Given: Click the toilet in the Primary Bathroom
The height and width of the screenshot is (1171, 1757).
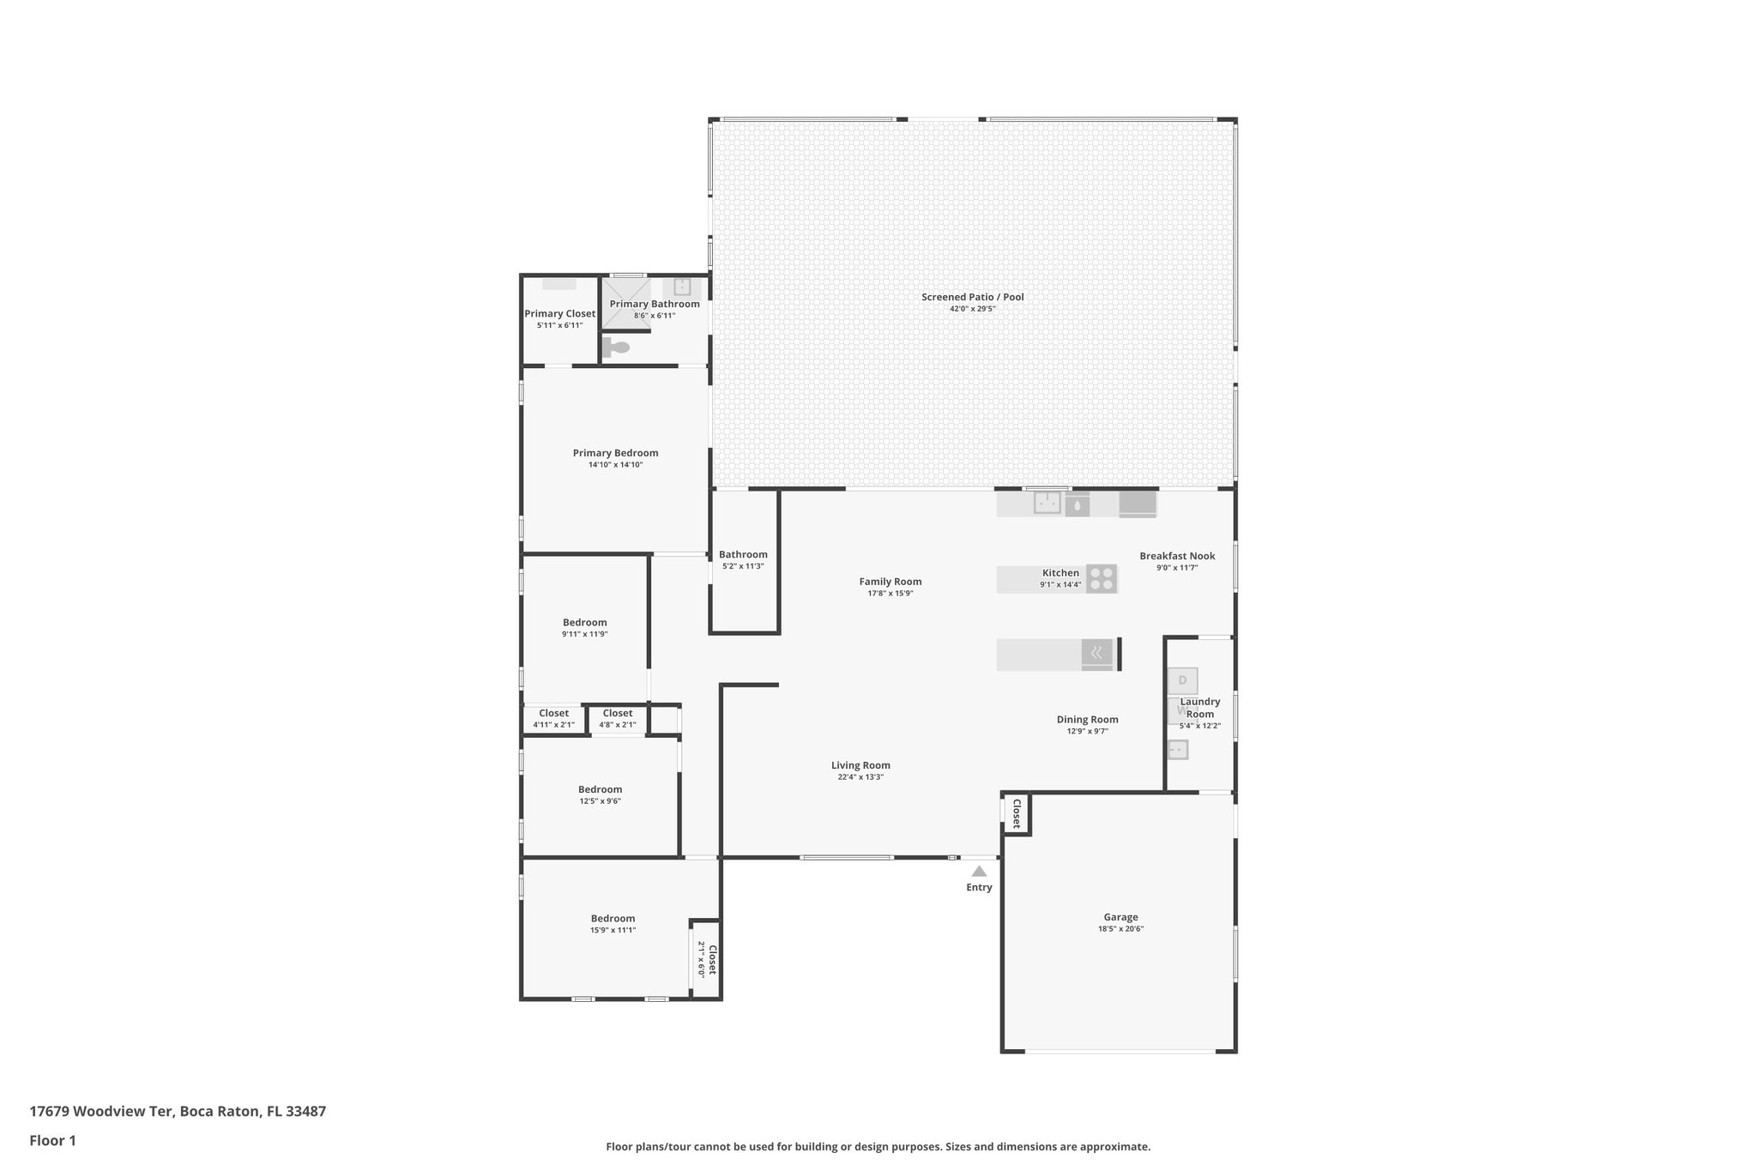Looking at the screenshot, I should pos(616,347).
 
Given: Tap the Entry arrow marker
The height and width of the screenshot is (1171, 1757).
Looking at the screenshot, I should pos(979,871).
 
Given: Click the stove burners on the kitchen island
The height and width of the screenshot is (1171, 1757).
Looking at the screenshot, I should pos(1102,579).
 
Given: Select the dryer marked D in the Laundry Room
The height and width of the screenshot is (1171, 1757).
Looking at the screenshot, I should pos(1182,681).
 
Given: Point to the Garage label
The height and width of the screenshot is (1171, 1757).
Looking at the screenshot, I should pos(1120,917).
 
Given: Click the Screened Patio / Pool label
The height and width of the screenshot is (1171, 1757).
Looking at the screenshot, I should pos(972,297).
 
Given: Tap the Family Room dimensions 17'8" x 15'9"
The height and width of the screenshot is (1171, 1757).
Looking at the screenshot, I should pos(890,593).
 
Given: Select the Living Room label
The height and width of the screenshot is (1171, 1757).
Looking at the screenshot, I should pos(860,765).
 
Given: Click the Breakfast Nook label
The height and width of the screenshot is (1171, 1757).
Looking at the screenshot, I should pos(1177,556).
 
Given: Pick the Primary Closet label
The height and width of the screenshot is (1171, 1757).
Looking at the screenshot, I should pos(559,314).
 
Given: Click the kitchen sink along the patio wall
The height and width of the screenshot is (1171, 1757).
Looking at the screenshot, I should pos(1047,503).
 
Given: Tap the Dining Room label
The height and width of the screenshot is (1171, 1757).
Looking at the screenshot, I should pos(1087,720).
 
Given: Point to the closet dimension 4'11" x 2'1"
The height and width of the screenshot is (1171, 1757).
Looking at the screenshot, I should pos(553,725).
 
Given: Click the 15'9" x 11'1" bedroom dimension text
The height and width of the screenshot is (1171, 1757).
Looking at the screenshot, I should pos(613,930).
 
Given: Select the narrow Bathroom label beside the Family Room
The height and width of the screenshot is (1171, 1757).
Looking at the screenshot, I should pos(743,554).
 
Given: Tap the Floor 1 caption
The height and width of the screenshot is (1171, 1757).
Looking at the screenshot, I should pos(52,1140).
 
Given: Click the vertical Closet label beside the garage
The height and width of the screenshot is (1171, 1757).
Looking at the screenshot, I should pos(1017,812).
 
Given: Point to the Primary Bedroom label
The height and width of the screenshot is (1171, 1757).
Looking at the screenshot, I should pos(615,453).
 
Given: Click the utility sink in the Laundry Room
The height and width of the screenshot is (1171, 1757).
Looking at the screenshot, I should pos(1178,750).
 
